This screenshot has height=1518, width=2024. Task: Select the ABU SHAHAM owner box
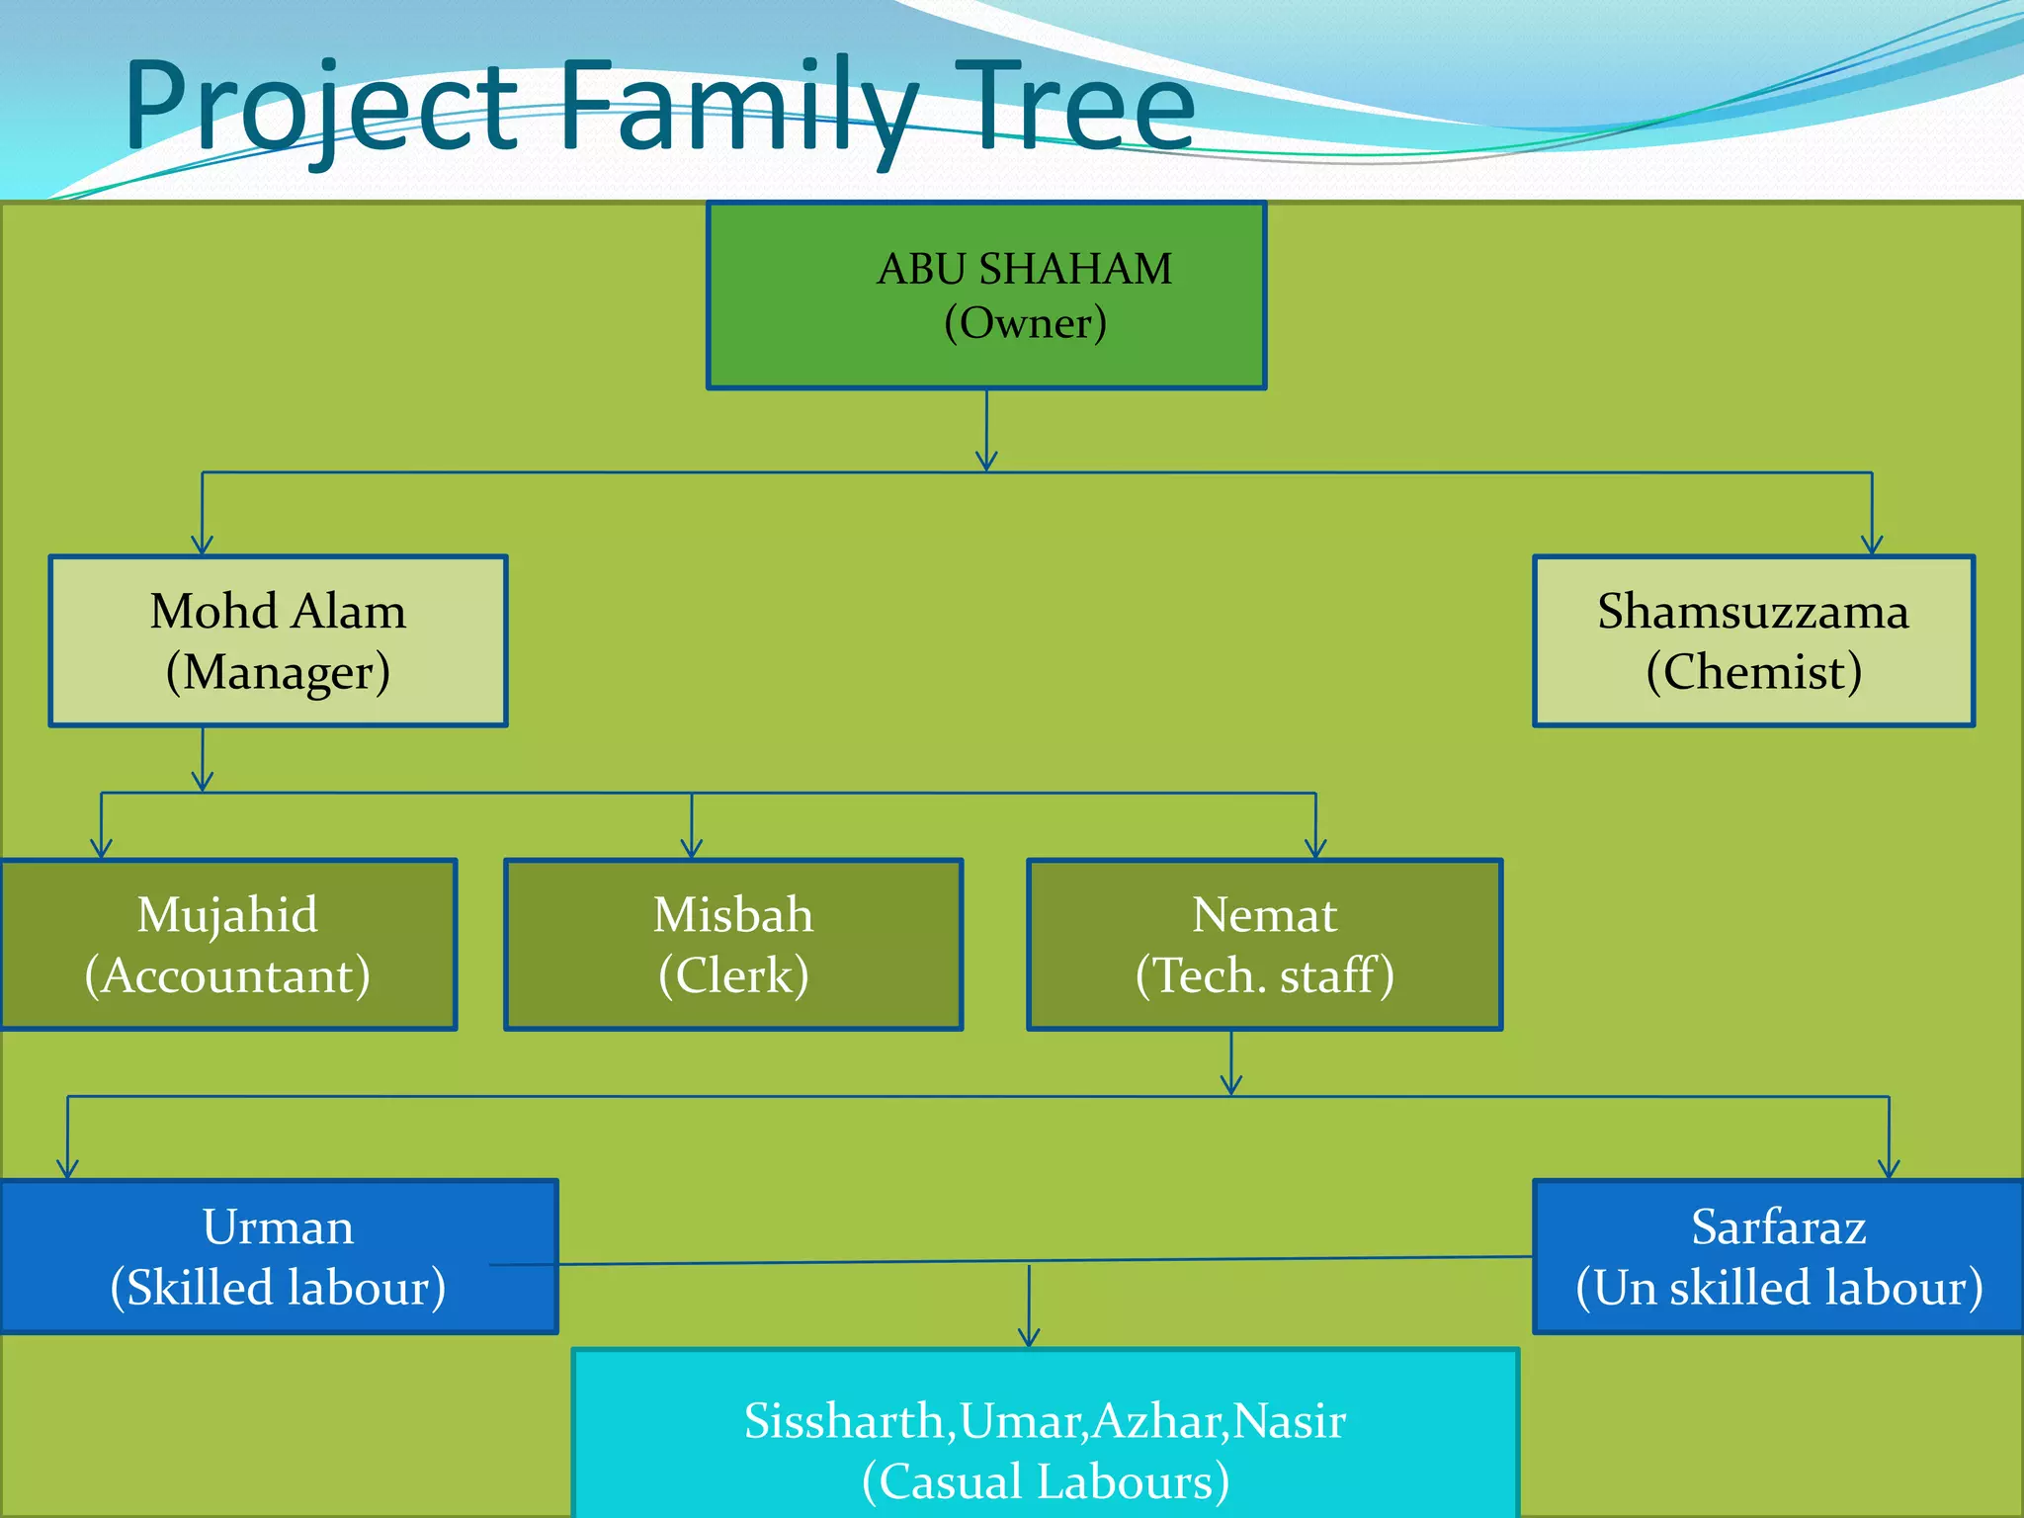tap(986, 295)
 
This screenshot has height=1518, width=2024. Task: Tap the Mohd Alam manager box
tap(278, 641)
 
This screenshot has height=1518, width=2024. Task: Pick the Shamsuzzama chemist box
tap(1753, 641)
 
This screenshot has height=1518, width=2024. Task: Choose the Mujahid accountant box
tap(228, 945)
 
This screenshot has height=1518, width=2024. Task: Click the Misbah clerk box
tap(733, 945)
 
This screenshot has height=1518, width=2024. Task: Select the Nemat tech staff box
tap(1264, 945)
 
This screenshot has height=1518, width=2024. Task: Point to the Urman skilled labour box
tap(279, 1256)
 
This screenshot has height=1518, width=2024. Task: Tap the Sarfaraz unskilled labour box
tap(1779, 1256)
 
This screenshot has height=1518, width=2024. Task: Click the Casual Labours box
tap(1045, 1433)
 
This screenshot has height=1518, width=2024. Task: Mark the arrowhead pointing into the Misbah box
tap(692, 849)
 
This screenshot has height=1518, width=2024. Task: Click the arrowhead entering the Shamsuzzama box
tap(1872, 546)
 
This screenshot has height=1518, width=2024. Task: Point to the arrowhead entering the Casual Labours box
tap(1029, 1338)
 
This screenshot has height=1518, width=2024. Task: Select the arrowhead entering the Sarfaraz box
tap(1889, 1169)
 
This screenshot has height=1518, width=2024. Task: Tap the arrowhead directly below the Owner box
tap(986, 462)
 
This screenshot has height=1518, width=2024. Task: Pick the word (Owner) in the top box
tap(1025, 323)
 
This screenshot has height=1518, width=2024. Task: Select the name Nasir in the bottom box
tap(1290, 1421)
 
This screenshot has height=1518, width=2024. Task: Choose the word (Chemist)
tap(1753, 672)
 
